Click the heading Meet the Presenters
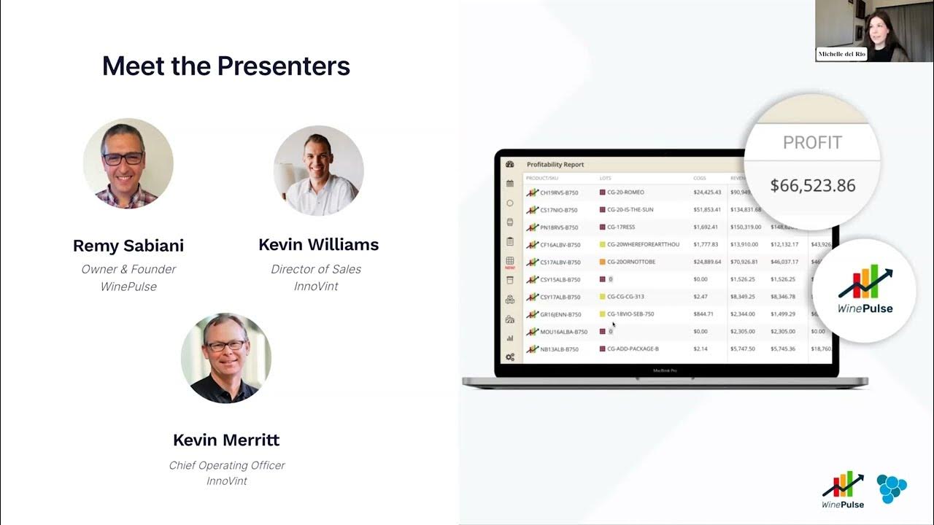226,66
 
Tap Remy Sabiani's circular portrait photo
128,163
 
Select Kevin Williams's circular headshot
319,171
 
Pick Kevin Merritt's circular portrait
226,358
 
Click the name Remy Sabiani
128,246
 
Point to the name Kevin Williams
319,244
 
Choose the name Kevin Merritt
226,440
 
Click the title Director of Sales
316,269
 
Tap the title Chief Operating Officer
227,465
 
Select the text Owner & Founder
128,269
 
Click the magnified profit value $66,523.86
812,185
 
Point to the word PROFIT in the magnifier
812,143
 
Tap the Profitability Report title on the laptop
555,165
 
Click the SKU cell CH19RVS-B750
560,192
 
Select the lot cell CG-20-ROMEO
625,192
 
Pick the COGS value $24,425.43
707,192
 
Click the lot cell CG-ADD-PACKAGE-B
633,349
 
